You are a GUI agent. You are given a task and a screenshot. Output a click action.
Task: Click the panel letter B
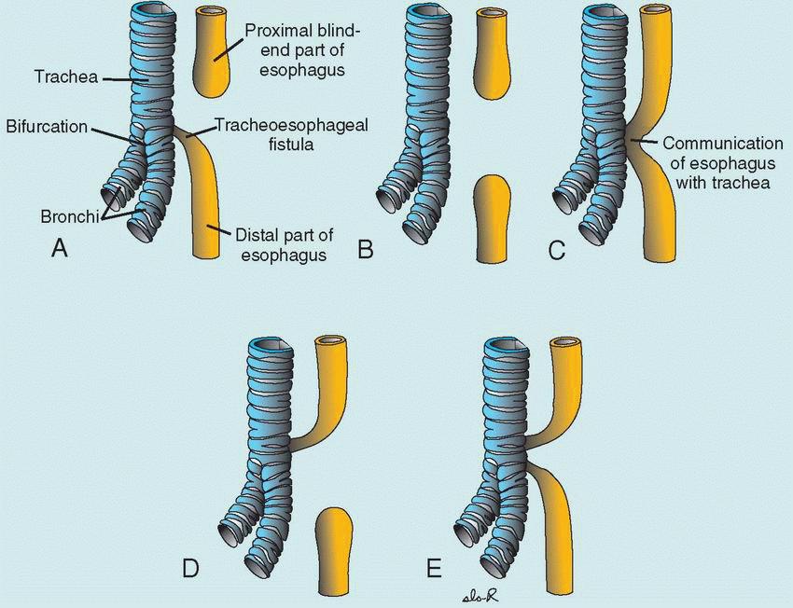pos(367,250)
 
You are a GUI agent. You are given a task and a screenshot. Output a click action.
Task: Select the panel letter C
pos(557,250)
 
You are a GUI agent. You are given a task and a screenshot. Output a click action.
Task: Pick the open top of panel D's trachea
pos(271,342)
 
